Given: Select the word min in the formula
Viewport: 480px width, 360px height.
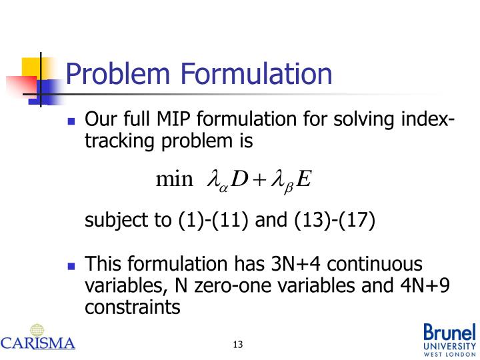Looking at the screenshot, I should [173, 179].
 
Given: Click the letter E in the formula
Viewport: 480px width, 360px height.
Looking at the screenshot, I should [304, 179].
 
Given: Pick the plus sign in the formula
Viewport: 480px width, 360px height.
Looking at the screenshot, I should [259, 180].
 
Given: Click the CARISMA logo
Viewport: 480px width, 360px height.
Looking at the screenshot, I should [38, 337].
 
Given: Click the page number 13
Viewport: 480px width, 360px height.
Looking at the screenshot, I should [238, 344].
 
